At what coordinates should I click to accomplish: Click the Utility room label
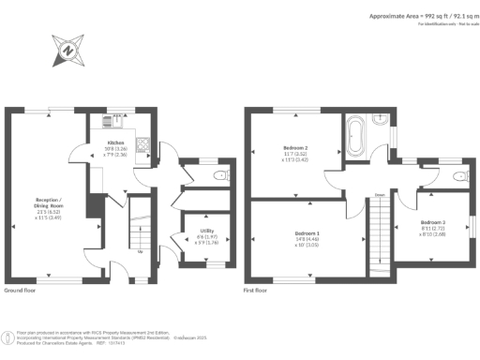(x=205, y=231)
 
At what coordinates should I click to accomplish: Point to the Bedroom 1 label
(x=307, y=232)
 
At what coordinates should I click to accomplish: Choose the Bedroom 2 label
(x=296, y=148)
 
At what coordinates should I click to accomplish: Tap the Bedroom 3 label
(x=432, y=222)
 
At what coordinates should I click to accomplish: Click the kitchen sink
(x=108, y=120)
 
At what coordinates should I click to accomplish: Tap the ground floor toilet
(x=221, y=175)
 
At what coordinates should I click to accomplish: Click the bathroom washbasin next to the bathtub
(x=379, y=122)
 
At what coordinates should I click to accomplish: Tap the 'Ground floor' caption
(x=21, y=291)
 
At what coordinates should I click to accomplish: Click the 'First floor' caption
(x=255, y=291)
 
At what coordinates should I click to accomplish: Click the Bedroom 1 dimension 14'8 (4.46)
(x=307, y=239)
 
